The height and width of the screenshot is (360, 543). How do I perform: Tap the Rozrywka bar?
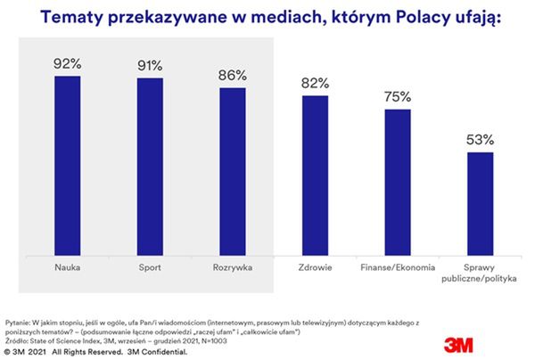coord(232,170)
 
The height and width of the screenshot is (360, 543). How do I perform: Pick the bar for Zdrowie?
coord(314,173)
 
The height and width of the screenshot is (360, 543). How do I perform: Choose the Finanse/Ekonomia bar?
coord(397,181)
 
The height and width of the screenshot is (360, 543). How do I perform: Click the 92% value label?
coord(67,65)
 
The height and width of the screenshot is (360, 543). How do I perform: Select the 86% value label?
coord(232,75)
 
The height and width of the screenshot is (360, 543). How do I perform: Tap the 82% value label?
coord(314,82)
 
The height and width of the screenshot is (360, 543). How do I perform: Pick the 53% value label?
coord(480,140)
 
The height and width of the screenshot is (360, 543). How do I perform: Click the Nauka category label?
coord(67,266)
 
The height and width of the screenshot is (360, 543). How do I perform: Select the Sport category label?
coord(149,266)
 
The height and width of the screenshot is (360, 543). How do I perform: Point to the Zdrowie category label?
coord(314,266)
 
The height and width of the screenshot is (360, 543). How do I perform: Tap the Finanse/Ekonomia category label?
coord(397,266)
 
